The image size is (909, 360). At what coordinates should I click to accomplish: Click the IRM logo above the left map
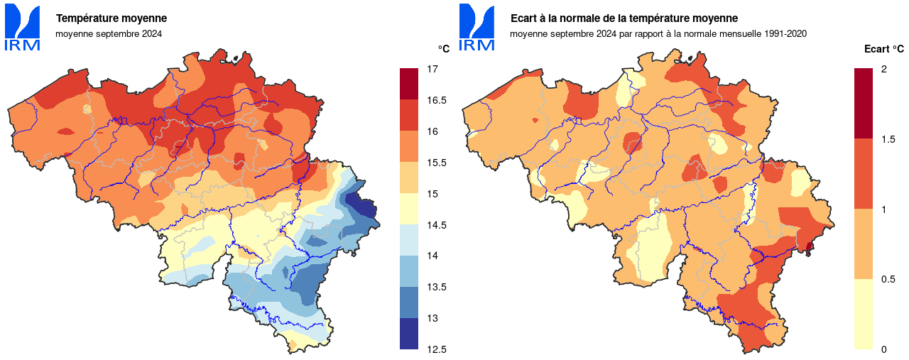(x=22, y=28)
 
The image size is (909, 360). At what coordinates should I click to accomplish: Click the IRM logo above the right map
(x=477, y=28)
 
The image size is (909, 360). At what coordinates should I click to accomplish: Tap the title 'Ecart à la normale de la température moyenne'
(x=624, y=18)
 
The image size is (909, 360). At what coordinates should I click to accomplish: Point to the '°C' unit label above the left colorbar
(x=443, y=49)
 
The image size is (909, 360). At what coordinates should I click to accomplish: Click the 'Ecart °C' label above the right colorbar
(x=883, y=49)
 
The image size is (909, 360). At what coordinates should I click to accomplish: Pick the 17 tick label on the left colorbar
(x=432, y=70)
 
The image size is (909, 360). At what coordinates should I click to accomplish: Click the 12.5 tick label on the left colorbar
(x=435, y=349)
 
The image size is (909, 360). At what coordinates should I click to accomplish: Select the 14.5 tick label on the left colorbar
(x=435, y=225)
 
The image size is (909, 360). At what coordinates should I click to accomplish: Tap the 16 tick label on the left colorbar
(x=432, y=131)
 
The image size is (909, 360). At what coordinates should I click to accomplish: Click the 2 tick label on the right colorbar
(x=883, y=70)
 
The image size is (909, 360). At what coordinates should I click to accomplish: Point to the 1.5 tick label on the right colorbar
(x=887, y=139)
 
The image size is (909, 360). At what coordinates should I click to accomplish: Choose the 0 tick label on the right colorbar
(x=883, y=349)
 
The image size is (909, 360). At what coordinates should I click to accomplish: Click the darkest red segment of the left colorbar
(x=409, y=84)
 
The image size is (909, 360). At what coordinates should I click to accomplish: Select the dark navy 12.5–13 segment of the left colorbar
(x=409, y=334)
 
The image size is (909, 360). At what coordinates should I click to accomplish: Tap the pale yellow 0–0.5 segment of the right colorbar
(x=863, y=314)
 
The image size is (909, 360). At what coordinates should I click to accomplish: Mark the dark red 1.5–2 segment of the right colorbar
(x=863, y=103)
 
